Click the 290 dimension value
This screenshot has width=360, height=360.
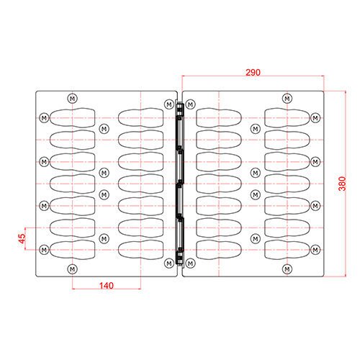(253, 72)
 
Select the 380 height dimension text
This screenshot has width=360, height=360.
(342, 184)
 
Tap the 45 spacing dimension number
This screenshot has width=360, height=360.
(22, 238)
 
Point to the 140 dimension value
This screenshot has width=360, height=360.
(107, 286)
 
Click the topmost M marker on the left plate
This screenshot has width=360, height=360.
(72, 99)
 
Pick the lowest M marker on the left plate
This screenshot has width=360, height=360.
(72, 269)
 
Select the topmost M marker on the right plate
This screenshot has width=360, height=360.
(287, 99)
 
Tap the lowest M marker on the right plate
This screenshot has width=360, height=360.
(287, 269)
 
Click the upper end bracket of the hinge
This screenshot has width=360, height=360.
(179, 109)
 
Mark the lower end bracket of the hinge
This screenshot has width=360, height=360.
(179, 258)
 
